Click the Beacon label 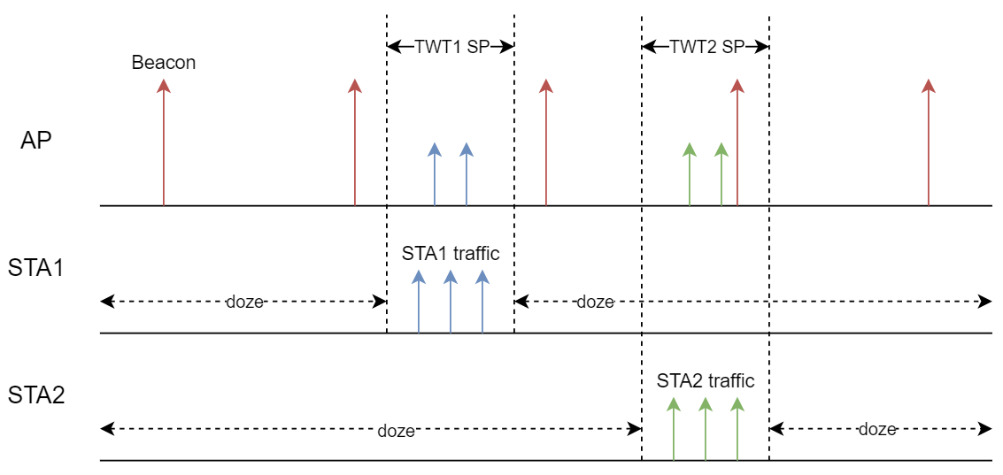click(164, 63)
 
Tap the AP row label click(36, 140)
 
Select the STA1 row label click(36, 267)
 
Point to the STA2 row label click(36, 395)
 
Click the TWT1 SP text click(451, 47)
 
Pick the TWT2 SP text click(706, 47)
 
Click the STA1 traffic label click(451, 254)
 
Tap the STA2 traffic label click(706, 381)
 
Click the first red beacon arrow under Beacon click(163, 142)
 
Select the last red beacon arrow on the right click(928, 142)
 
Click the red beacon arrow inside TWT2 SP click(737, 142)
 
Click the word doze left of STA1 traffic click(244, 302)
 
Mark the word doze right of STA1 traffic click(595, 302)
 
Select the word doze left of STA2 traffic click(396, 431)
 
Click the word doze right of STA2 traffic click(877, 429)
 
